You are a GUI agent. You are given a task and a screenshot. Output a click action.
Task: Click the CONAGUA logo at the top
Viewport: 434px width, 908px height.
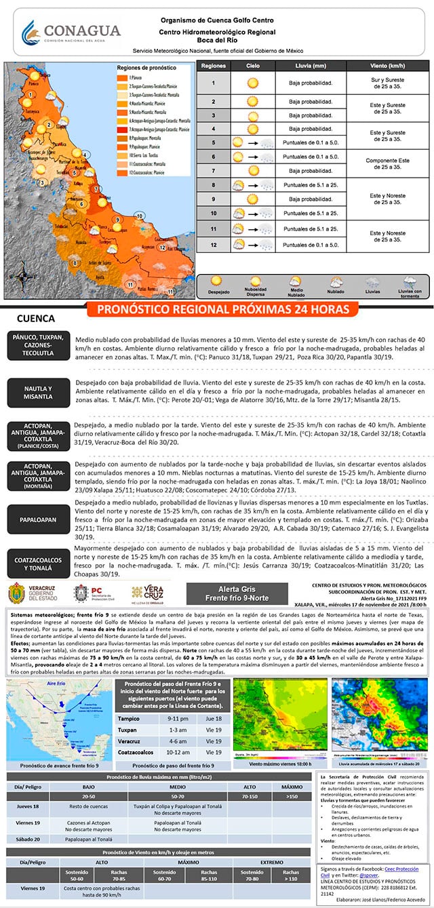pos(71,32)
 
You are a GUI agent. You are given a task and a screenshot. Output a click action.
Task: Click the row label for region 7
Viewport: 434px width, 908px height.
pos(213,171)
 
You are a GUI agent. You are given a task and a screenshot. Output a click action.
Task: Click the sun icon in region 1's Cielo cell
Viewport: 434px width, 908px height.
pos(253,84)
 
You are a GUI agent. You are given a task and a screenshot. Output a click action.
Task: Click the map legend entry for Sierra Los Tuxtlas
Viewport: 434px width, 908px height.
pos(138,155)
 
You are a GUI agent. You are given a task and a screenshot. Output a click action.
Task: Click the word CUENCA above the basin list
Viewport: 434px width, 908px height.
pos(35,318)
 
